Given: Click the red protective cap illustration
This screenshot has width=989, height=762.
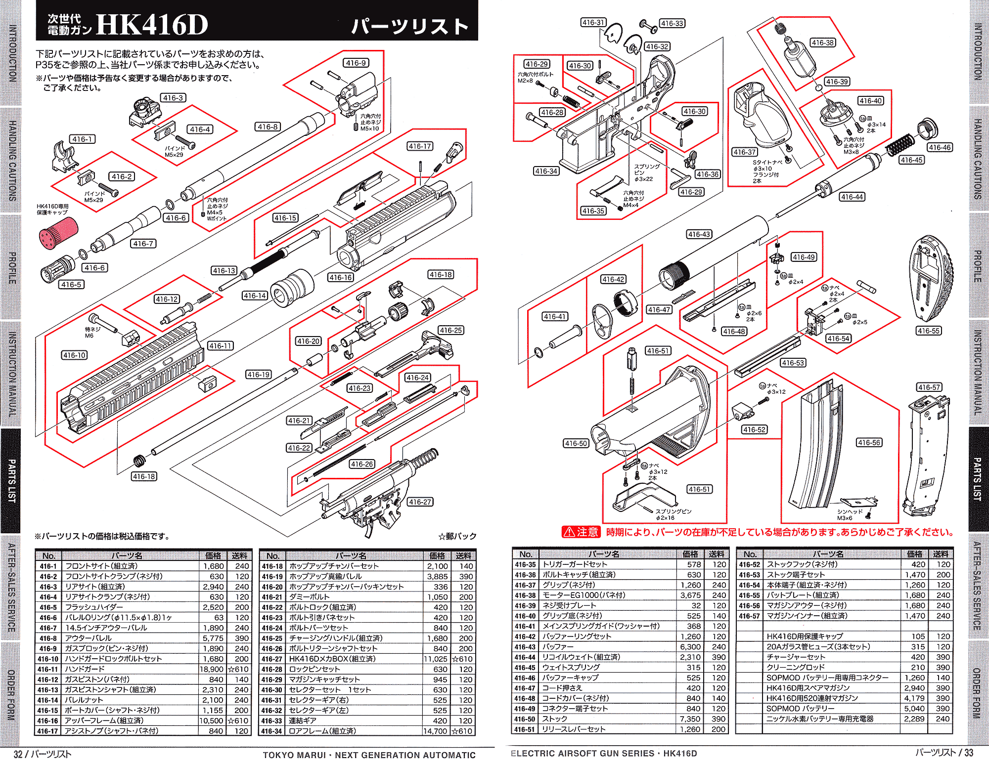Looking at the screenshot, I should pyautogui.click(x=58, y=232).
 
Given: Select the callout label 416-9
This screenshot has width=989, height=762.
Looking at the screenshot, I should pyautogui.click(x=356, y=63).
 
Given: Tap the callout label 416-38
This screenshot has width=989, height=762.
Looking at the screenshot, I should pyautogui.click(x=823, y=42).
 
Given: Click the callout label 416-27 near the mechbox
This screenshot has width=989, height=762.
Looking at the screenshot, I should pyautogui.click(x=420, y=502).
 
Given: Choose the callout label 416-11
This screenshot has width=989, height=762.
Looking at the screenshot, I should pyautogui.click(x=220, y=346).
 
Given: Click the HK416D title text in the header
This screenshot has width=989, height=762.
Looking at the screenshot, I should pyautogui.click(x=152, y=25).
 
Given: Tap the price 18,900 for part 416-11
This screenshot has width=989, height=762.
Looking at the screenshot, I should pyautogui.click(x=211, y=669).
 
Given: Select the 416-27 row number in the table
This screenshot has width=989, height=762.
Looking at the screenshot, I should pyautogui.click(x=272, y=659).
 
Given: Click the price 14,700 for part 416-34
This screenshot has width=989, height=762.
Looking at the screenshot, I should pyautogui.click(x=435, y=731).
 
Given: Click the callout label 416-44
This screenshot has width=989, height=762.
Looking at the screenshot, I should pyautogui.click(x=852, y=197).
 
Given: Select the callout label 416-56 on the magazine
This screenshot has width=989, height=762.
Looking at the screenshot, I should pyautogui.click(x=869, y=442).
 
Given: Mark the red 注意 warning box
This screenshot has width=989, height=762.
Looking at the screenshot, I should pyautogui.click(x=581, y=532).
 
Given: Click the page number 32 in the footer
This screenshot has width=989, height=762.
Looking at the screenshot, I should pyautogui.click(x=18, y=754).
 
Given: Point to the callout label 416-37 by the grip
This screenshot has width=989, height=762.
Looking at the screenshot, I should pyautogui.click(x=744, y=152).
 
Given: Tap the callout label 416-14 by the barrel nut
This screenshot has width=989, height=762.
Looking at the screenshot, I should pyautogui.click(x=255, y=296).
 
